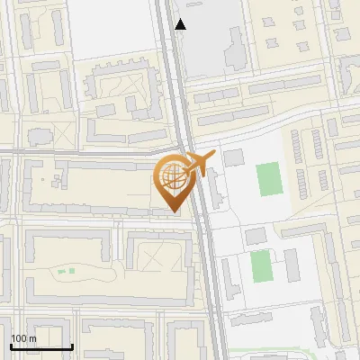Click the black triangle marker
181,24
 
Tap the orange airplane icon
199,165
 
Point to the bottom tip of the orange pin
174,211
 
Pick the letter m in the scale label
33,338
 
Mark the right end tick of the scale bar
72,346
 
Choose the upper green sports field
268,179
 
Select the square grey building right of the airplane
233,158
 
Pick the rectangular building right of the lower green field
292,264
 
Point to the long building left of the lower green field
232,275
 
